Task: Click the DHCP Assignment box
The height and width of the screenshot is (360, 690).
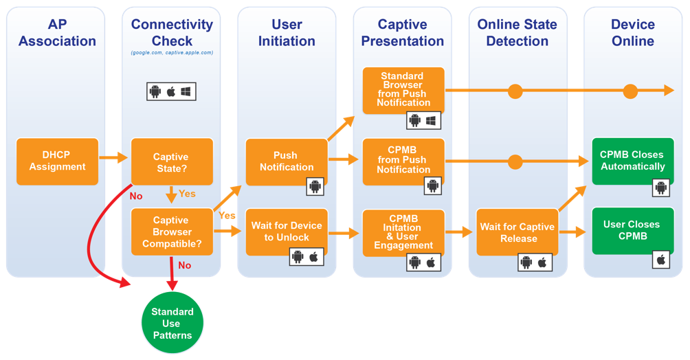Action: pyautogui.click(x=58, y=161)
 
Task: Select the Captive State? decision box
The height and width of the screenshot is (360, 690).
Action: pyautogui.click(x=171, y=161)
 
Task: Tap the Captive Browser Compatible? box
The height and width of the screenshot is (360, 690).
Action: pyautogui.click(x=171, y=232)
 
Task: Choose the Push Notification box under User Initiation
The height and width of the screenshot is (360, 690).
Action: pyautogui.click(x=286, y=161)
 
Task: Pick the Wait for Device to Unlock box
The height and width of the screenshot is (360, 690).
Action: pyautogui.click(x=286, y=232)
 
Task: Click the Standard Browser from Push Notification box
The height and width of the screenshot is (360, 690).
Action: pyautogui.click(x=403, y=89)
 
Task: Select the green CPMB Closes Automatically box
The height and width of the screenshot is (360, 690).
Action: pyautogui.click(x=632, y=161)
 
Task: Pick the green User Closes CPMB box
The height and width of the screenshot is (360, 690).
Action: pyautogui.click(x=632, y=229)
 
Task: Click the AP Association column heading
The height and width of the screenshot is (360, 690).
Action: pyautogui.click(x=57, y=33)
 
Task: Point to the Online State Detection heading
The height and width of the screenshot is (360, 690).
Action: pyautogui.click(x=517, y=33)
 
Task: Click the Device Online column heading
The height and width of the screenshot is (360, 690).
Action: pyautogui.click(x=633, y=33)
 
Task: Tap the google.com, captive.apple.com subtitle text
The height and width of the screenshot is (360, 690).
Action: pyautogui.click(x=172, y=53)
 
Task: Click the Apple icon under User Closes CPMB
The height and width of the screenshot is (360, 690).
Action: pyautogui.click(x=661, y=260)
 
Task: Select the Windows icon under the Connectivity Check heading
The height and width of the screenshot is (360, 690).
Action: pyautogui.click(x=186, y=91)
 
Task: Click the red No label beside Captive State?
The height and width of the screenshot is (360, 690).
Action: pyautogui.click(x=136, y=196)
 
